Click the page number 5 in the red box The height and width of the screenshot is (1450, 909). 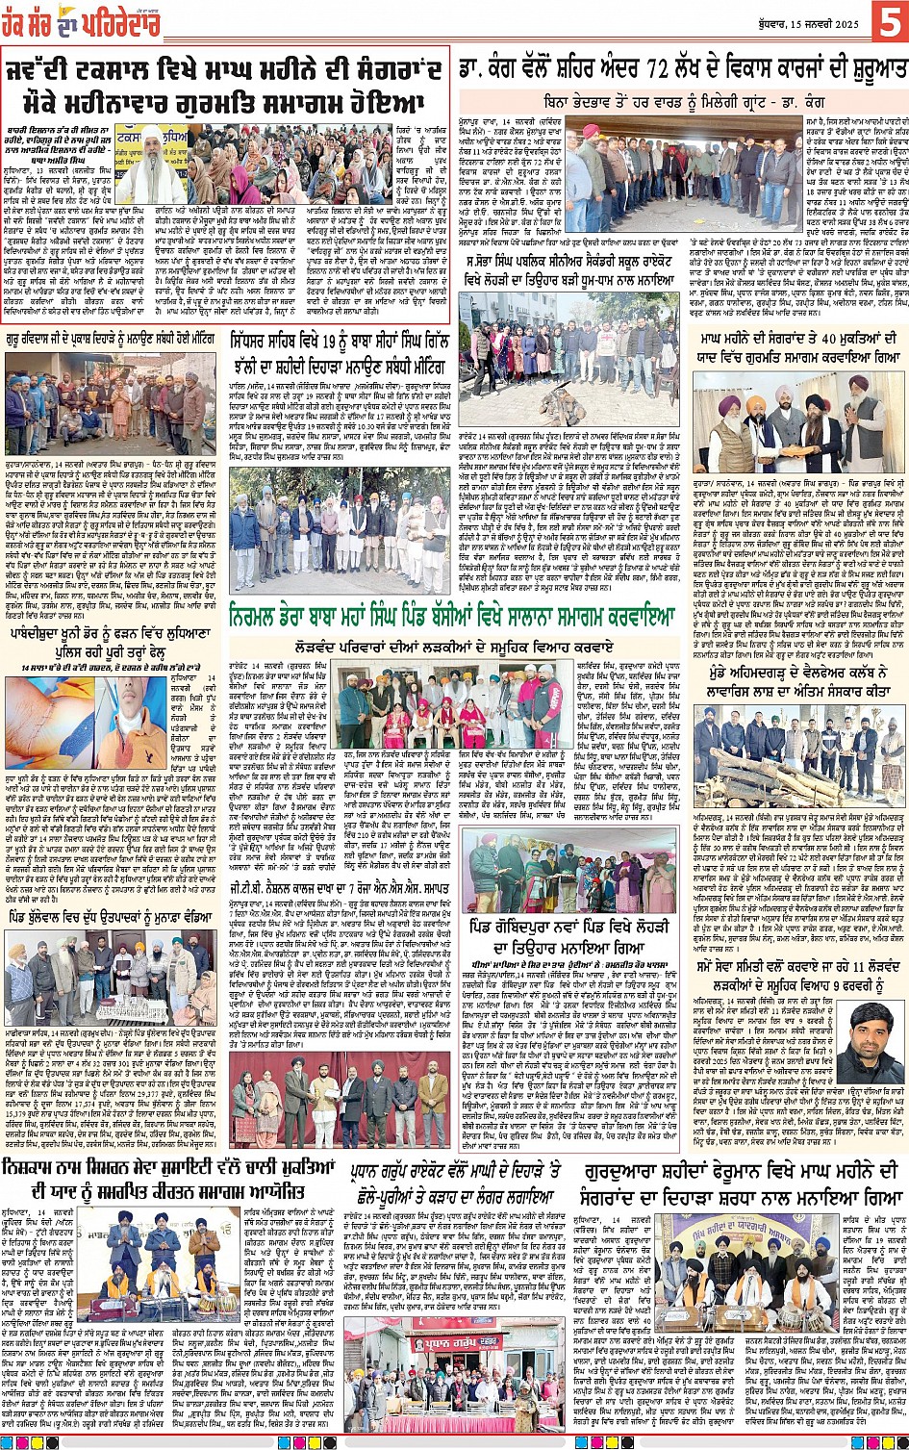click(x=887, y=20)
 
